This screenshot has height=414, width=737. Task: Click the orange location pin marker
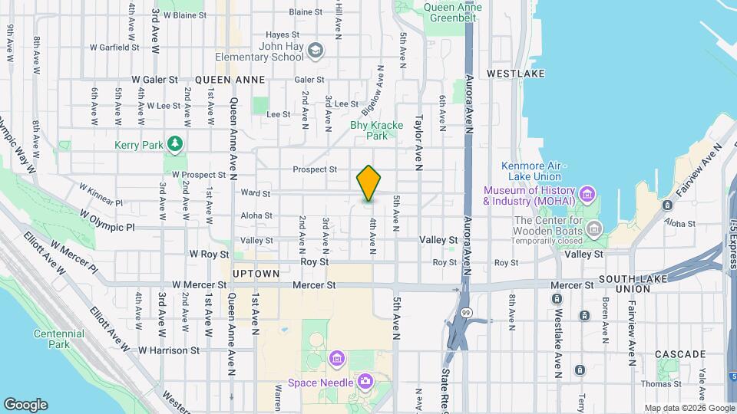(x=368, y=183)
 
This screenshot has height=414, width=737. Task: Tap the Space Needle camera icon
(x=365, y=381)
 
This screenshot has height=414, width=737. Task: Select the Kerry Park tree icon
(x=176, y=143)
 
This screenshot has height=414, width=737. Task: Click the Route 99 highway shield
(x=465, y=312)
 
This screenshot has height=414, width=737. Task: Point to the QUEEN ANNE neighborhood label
(x=230, y=79)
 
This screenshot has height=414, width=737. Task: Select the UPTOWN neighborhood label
(x=256, y=273)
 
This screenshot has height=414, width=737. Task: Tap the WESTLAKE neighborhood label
(x=515, y=73)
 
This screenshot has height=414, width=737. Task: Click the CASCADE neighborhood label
(x=680, y=354)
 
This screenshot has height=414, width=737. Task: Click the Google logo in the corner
(x=25, y=404)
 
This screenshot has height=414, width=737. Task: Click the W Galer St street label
(x=154, y=79)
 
